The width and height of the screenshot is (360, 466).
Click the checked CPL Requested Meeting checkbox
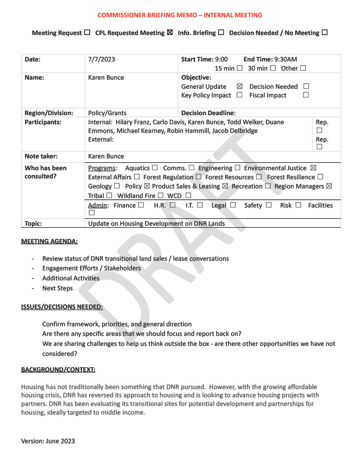[x=170, y=33]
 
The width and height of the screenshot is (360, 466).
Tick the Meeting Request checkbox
[x=87, y=33]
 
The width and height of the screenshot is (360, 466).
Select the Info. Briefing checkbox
[x=221, y=33]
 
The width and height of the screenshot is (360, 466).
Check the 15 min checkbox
[x=239, y=68]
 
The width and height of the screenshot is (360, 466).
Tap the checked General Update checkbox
[x=240, y=86]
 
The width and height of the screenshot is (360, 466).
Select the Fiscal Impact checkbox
[x=306, y=95]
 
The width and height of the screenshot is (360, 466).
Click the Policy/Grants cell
[x=107, y=113]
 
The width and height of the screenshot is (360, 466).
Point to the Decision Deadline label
[x=208, y=113]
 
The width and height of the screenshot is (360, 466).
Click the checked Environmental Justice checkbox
[x=313, y=168]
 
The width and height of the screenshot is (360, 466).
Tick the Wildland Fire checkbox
[x=161, y=196]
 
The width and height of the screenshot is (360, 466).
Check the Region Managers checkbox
[x=329, y=186]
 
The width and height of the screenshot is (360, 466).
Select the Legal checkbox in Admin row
[x=233, y=205]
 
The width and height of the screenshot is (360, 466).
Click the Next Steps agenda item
[x=57, y=288]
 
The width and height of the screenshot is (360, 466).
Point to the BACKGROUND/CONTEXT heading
[x=58, y=370]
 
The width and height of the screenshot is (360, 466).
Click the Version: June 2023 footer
[x=48, y=441]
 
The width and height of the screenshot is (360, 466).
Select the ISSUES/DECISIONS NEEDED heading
[x=62, y=307]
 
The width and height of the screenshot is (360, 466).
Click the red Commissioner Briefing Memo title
[x=180, y=15]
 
